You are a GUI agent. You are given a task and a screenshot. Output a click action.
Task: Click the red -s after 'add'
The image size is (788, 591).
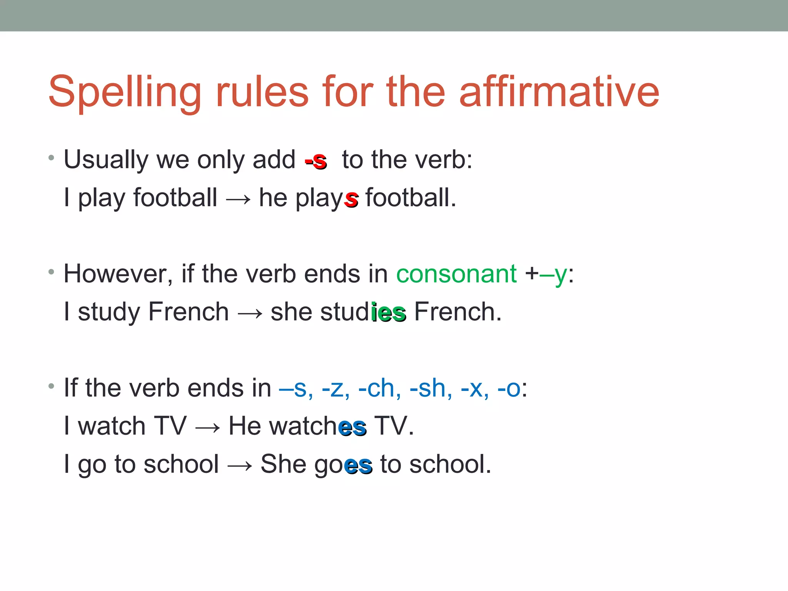316,160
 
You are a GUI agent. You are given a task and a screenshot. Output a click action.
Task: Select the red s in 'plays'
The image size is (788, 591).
351,199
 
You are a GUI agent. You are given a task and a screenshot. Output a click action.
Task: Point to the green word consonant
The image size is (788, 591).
456,274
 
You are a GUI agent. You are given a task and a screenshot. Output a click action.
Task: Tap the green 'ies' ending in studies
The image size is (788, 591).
389,312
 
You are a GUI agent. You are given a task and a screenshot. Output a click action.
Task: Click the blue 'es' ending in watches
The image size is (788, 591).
352,427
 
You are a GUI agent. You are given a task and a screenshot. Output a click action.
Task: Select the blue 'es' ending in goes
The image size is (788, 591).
358,465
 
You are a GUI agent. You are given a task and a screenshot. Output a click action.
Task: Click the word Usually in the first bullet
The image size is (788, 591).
106,160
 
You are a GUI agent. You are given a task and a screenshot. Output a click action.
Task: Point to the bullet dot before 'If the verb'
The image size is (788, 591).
51,386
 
